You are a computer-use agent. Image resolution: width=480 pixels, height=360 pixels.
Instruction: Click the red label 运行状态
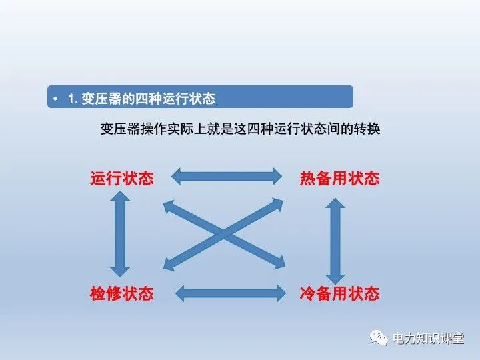pos(122,178)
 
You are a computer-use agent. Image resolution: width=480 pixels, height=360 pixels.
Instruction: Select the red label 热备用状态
pos(339,178)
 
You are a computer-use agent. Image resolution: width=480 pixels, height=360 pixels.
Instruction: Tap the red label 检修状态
pos(122,293)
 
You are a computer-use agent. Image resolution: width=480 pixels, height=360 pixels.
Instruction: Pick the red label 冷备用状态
pos(339,293)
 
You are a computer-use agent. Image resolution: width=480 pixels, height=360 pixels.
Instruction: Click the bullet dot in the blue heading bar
pos(56,99)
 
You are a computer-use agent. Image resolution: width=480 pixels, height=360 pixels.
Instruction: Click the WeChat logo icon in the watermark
pos(379,338)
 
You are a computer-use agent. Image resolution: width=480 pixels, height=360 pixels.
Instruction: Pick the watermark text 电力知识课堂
pos(428,339)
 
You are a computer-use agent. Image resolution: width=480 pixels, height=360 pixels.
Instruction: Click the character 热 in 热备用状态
pos(308,178)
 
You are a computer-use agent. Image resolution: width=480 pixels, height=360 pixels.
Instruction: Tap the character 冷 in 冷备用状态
pos(308,293)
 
